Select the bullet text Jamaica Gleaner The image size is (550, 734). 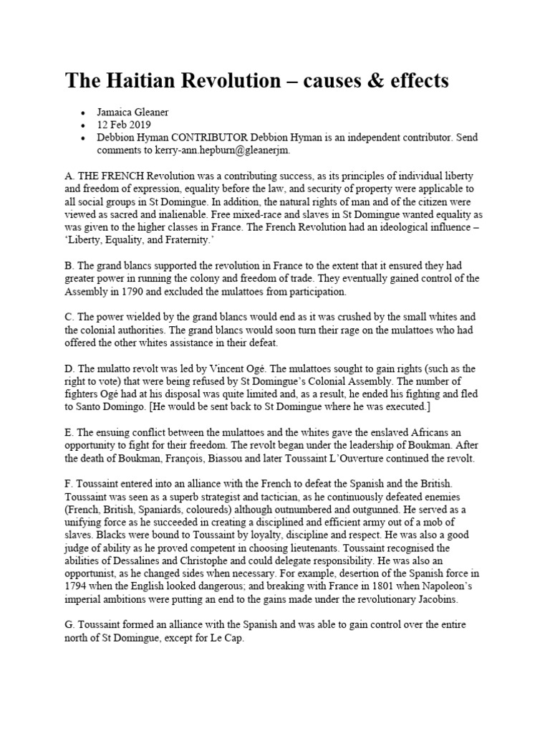click(x=134, y=113)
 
